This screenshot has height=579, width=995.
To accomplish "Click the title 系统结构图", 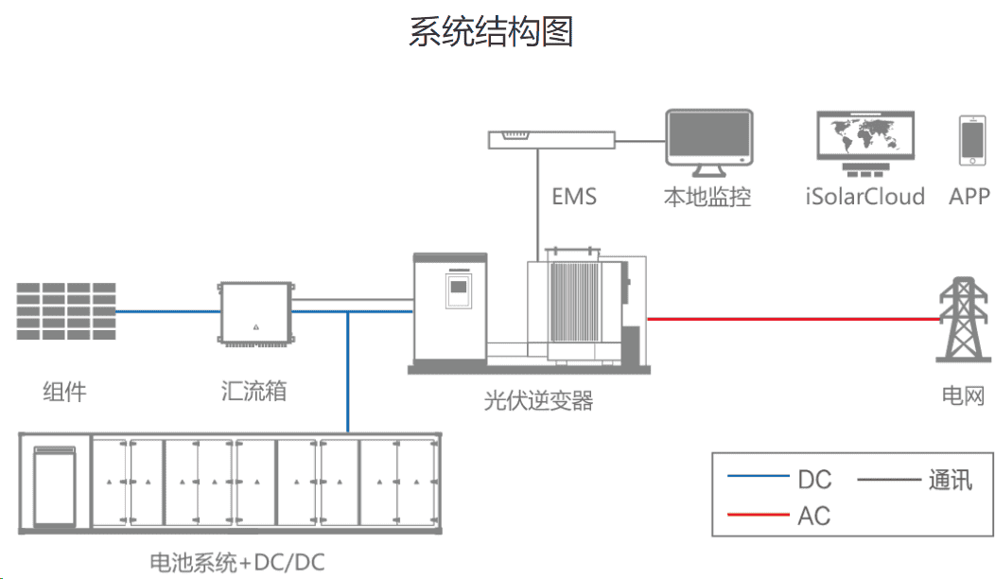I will tap(491, 30).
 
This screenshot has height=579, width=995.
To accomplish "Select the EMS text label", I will tap(574, 197).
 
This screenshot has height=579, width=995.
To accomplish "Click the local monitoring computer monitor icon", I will tap(708, 142).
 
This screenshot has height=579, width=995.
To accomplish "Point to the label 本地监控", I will tap(707, 197).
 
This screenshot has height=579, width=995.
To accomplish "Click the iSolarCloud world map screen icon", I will tap(864, 137).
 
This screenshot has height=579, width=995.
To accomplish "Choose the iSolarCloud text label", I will tap(864, 197).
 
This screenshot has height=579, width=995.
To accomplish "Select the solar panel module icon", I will tap(66, 311).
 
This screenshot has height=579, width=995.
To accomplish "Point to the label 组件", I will tap(64, 391).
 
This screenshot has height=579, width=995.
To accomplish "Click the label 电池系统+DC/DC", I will tap(236, 563).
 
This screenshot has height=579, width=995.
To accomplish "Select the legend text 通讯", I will tap(950, 480).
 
